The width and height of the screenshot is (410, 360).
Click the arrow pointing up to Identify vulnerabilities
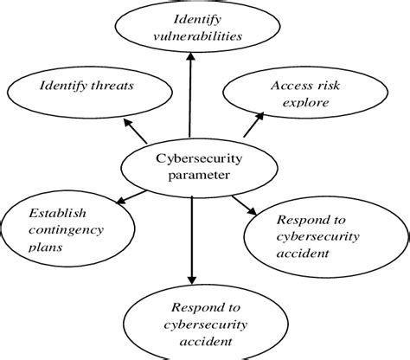(x=189, y=95)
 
